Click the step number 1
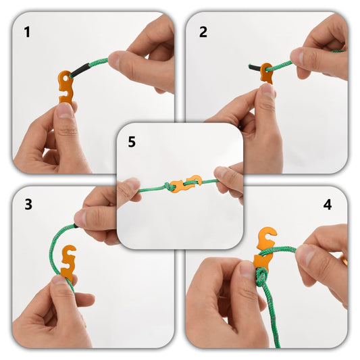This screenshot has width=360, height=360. [27, 31]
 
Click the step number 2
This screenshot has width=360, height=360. [203, 31]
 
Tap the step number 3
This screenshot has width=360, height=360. [28, 205]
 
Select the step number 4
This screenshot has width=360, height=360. [328, 205]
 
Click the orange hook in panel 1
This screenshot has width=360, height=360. [66, 86]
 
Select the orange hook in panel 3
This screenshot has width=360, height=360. [68, 262]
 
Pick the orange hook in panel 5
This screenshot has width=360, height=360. [185, 184]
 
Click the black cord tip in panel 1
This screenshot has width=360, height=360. [80, 69]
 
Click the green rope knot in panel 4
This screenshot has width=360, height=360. [260, 276]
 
